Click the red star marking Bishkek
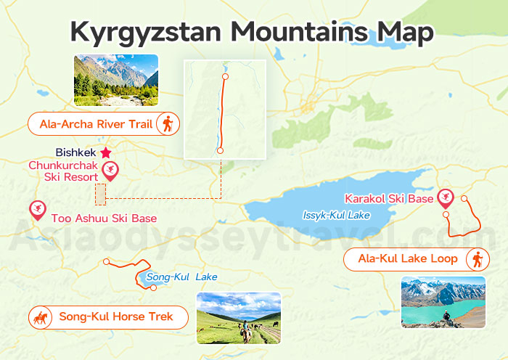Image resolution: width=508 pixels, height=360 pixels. click(x=106, y=152)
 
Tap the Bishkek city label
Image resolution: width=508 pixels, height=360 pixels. click(x=76, y=153)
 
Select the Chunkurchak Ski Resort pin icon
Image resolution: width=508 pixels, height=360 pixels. click(x=111, y=171)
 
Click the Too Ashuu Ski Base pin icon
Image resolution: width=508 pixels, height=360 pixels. click(x=36, y=210)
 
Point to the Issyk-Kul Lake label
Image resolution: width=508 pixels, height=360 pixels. click(x=336, y=216)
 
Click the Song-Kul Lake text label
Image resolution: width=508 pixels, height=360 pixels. click(x=181, y=277)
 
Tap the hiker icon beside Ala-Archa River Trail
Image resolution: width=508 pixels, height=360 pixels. click(x=168, y=123)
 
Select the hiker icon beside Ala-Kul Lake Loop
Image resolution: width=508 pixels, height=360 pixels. click(x=477, y=259)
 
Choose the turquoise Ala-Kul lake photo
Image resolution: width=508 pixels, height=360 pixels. click(x=443, y=302)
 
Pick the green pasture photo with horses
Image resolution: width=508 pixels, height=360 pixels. click(x=238, y=318)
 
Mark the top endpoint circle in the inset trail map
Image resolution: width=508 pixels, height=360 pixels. click(x=225, y=76)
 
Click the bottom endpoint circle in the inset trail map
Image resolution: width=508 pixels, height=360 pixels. click(x=220, y=150)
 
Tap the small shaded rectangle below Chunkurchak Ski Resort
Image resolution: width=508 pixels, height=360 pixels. click(x=100, y=194)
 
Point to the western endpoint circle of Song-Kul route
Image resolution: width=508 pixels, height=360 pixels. click(x=107, y=262)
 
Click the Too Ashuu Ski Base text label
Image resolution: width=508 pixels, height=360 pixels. click(x=104, y=218)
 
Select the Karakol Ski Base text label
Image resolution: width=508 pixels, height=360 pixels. click(x=389, y=198)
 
